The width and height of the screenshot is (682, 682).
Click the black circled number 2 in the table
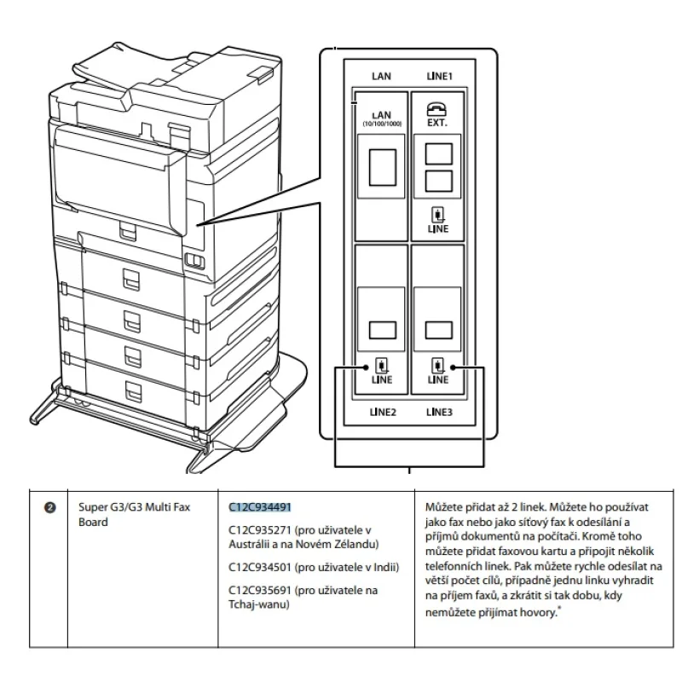[49, 507]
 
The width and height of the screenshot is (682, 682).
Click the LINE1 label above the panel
[439, 77]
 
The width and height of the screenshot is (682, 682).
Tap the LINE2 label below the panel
[382, 412]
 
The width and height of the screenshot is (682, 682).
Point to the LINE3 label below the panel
[439, 412]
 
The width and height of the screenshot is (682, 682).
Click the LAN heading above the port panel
[382, 77]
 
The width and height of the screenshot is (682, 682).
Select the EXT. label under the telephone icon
[437, 123]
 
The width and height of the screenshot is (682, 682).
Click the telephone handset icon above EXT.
[437, 108]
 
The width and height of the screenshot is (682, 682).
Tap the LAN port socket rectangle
[382, 168]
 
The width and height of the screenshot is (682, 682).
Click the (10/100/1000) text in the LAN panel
[382, 124]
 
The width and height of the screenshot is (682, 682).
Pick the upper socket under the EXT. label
[437, 153]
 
